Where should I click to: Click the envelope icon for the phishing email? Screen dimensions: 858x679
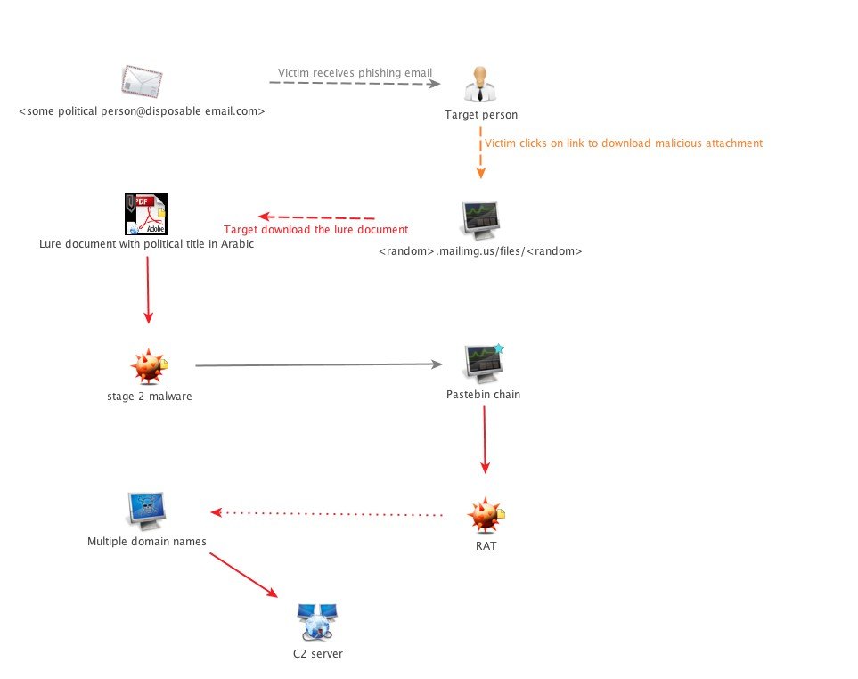tap(142, 81)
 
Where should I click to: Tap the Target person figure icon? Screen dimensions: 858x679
tap(480, 85)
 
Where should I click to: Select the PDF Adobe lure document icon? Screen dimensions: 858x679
tap(146, 214)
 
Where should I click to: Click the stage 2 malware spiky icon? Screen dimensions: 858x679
tap(149, 366)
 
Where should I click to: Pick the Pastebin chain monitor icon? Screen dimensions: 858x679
tap(483, 363)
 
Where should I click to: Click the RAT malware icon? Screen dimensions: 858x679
tap(486, 515)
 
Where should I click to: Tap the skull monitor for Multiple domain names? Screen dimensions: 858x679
tap(146, 511)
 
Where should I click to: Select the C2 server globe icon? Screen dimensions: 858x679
tap(317, 622)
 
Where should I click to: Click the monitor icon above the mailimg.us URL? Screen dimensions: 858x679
tap(480, 220)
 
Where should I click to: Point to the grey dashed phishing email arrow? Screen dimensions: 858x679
tap(355, 83)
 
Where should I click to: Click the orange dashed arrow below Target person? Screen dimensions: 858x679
tap(480, 152)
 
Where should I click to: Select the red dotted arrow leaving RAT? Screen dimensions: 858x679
tap(327, 513)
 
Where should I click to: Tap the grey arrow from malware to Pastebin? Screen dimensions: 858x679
tap(318, 364)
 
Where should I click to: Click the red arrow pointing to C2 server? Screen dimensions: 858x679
tap(243, 575)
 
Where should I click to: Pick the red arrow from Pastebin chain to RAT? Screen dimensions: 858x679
tap(485, 439)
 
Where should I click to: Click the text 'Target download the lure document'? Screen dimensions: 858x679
tap(315, 230)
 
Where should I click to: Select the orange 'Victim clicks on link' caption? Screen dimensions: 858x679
tap(624, 143)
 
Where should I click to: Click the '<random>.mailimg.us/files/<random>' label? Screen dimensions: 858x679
tap(480, 251)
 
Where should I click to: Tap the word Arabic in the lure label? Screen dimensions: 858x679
tap(237, 244)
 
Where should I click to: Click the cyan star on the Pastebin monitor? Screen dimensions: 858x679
tap(498, 348)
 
